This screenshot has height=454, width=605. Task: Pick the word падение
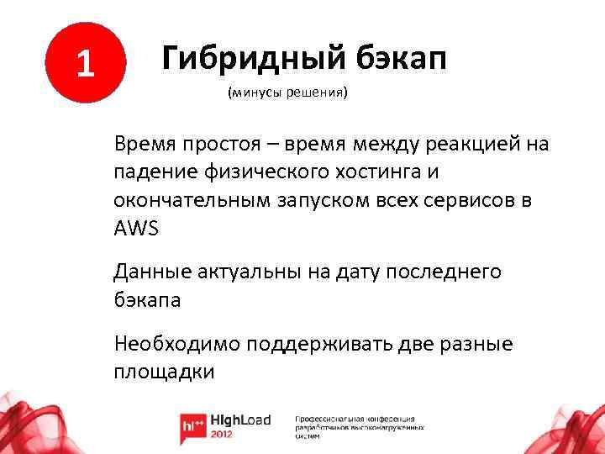[155, 172]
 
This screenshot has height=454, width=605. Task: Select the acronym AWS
[135, 230]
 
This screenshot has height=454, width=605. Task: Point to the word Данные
[150, 271]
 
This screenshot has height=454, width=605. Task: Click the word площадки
[163, 372]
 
